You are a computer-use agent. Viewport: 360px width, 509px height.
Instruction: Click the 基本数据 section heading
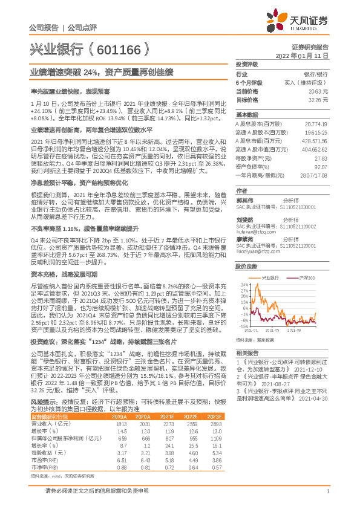[246, 114]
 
